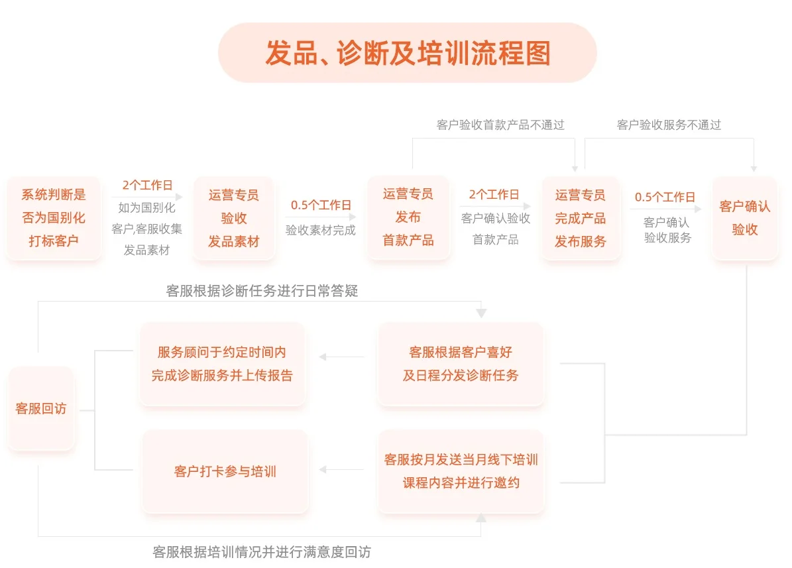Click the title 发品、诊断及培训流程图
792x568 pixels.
(x=407, y=53)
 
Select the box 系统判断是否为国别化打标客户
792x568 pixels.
(x=53, y=218)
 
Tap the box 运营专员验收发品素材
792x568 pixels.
(x=233, y=218)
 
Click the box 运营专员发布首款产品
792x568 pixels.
(x=408, y=217)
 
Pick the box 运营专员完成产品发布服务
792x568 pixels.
(x=581, y=218)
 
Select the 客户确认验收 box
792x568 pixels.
(x=744, y=218)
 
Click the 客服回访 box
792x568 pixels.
(x=40, y=409)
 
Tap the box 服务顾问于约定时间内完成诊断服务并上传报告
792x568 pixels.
(x=222, y=364)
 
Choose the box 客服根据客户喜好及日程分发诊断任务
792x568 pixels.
(x=461, y=364)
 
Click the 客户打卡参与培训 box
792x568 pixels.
(x=225, y=472)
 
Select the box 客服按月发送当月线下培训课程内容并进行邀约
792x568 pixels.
(x=461, y=471)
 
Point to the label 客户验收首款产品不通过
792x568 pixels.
(x=500, y=125)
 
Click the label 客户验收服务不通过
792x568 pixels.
(x=669, y=125)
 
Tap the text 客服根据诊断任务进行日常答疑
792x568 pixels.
(x=262, y=291)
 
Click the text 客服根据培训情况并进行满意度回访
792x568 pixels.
(x=262, y=552)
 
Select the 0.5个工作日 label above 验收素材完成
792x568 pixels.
(x=321, y=205)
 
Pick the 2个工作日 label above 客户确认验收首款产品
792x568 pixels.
(x=494, y=194)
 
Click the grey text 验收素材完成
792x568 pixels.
(x=321, y=231)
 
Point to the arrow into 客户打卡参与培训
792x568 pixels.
(x=341, y=470)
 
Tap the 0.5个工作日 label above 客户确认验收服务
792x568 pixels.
(x=665, y=198)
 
